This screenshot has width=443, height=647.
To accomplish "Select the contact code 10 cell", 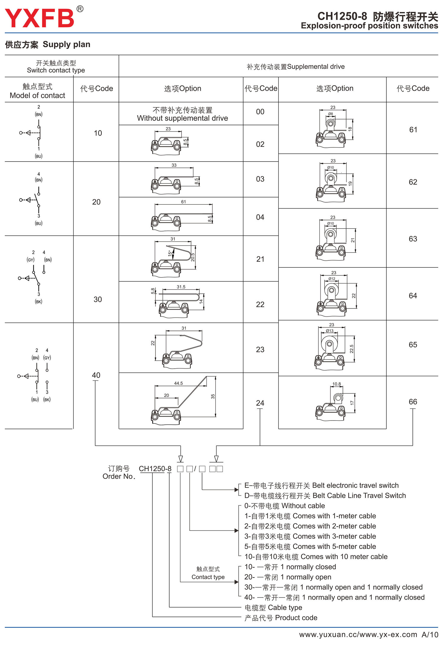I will (98, 133).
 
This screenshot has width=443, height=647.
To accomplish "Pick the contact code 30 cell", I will (97, 300).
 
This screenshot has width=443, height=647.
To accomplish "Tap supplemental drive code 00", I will (260, 112).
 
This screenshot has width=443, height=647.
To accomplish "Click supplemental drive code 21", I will (260, 259).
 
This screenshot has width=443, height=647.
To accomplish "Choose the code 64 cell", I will (413, 296).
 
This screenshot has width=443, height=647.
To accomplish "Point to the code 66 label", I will (413, 402).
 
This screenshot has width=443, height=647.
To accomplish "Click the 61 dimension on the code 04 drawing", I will (183, 202).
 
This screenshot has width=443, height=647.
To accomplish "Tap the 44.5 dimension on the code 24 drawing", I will (178, 383).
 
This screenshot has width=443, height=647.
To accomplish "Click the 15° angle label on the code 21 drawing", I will (170, 253).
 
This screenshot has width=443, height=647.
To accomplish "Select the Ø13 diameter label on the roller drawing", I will (330, 331).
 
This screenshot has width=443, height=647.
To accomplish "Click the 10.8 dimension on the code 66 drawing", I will (336, 384).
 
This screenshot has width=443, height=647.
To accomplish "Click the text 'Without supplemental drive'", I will (182, 118).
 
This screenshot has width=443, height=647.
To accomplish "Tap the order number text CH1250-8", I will (155, 469).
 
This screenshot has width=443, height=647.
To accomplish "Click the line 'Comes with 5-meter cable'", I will (310, 546).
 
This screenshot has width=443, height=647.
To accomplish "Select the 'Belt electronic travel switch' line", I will (321, 485).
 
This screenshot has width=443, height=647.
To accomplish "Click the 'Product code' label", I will (281, 618).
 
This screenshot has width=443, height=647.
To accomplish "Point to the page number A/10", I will (430, 635).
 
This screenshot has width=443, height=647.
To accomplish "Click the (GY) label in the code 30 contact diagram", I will (30, 260).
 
